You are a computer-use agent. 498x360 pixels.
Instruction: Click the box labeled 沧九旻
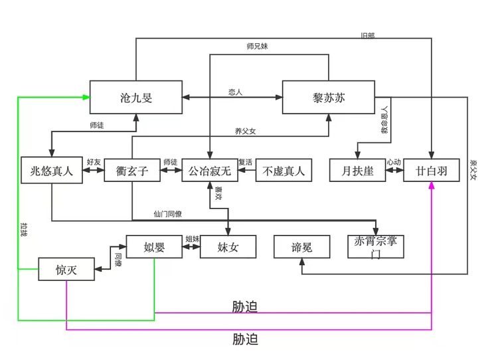[136, 97]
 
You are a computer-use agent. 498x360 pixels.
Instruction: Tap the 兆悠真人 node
[51, 171]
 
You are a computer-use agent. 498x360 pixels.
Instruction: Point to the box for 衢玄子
[133, 171]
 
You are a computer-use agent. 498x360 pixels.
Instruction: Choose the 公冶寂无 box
[209, 171]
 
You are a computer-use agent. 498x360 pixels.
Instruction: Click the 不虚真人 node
[284, 171]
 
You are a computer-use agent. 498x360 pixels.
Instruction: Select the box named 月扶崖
[358, 171]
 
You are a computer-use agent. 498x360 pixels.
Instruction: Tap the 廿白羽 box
[432, 171]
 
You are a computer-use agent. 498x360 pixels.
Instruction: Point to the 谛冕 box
[301, 247]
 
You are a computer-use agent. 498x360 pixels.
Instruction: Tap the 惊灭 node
[66, 270]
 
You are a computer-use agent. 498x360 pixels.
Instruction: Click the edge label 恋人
[235, 92]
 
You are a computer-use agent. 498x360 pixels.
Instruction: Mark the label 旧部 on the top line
[367, 35]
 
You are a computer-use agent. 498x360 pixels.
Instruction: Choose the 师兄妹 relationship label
[256, 46]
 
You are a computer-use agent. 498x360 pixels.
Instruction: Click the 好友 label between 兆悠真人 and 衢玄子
[94, 161]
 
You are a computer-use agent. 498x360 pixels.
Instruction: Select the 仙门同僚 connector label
[167, 214]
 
